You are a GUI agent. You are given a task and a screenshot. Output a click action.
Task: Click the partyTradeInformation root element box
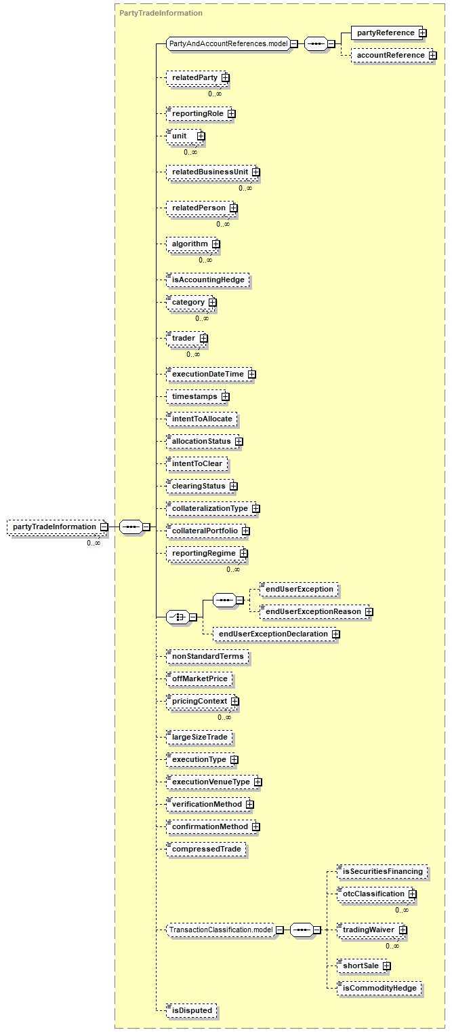54,527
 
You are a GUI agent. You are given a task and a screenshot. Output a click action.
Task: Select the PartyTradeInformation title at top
161,13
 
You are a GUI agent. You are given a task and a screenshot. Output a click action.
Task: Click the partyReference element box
386,33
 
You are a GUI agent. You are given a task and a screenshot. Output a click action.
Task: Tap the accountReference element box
391,55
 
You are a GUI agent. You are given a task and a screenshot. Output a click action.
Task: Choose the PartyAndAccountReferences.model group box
228,43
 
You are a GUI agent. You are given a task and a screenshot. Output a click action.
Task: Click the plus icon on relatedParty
225,78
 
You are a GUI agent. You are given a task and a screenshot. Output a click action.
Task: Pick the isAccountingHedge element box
207,280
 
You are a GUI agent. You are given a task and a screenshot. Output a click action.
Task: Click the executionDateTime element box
207,374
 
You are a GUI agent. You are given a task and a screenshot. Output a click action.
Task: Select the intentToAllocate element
202,419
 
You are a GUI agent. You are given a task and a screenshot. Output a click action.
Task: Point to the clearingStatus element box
199,486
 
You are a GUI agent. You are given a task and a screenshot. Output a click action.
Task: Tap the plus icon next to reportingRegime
243,554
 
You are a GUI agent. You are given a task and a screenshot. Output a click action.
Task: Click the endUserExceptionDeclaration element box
272,634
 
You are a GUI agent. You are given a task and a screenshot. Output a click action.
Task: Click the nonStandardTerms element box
207,656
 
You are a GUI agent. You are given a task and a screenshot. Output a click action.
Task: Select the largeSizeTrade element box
199,737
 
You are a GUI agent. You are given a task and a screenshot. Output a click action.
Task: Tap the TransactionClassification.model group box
220,930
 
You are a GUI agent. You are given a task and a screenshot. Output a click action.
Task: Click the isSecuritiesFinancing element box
382,871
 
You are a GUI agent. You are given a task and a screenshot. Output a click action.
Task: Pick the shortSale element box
361,966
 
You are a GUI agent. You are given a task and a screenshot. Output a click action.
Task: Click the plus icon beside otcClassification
412,894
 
